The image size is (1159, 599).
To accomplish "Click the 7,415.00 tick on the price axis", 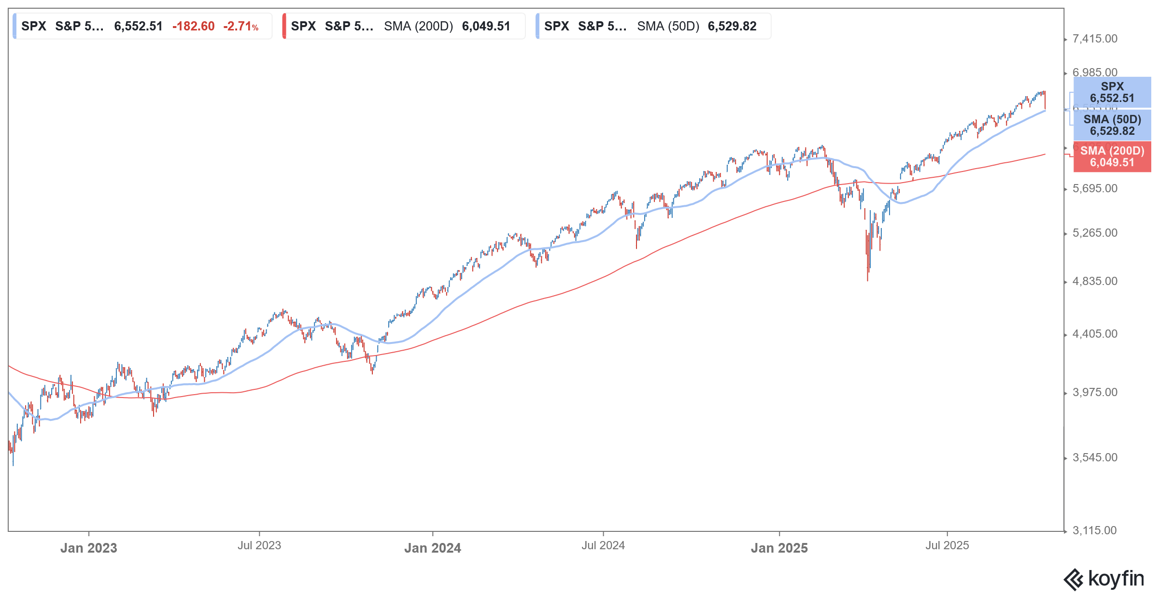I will (x=1094, y=39).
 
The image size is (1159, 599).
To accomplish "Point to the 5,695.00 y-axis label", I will (x=1094, y=188).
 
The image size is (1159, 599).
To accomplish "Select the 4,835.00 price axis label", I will (x=1094, y=281).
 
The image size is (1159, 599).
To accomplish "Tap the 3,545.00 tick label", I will (x=1094, y=457).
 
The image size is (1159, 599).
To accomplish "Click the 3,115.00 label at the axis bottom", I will (x=1094, y=530).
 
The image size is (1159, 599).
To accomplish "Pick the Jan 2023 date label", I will (x=88, y=548).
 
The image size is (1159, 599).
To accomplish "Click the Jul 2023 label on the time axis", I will (x=259, y=545).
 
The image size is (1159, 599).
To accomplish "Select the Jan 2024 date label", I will (x=432, y=548).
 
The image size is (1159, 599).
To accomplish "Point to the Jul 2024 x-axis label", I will (x=603, y=545).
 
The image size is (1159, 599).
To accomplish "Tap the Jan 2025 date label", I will (x=779, y=548).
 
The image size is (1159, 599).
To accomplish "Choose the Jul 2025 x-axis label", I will (x=947, y=545).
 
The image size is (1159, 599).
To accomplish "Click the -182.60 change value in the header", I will (x=193, y=26).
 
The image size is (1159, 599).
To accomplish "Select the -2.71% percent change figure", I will (x=240, y=26).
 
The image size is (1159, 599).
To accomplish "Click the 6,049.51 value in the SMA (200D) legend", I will (x=486, y=26).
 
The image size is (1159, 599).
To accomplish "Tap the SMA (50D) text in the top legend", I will (x=668, y=26).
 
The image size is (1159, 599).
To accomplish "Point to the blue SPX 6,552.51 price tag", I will (x=1112, y=92).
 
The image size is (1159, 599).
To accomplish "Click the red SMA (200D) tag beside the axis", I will (x=1112, y=157).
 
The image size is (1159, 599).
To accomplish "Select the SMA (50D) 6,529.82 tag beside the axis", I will (x=1112, y=125).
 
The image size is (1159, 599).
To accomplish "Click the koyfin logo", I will (x=1103, y=579).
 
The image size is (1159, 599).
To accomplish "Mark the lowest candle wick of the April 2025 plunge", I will (x=868, y=280).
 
